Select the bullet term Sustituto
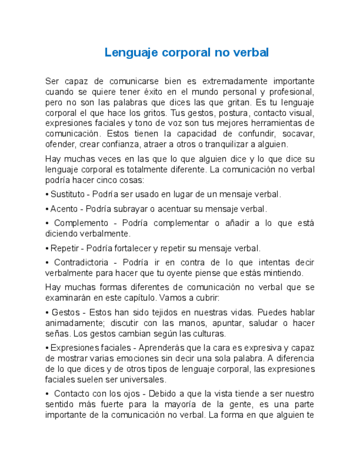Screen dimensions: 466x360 click(68, 194)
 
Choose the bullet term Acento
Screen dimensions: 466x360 click(63, 209)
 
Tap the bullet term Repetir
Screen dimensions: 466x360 click(65, 248)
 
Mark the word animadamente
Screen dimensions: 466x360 click(71, 323)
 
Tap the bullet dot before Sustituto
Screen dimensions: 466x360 click(47, 194)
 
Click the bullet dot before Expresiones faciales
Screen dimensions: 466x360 click(47, 348)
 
